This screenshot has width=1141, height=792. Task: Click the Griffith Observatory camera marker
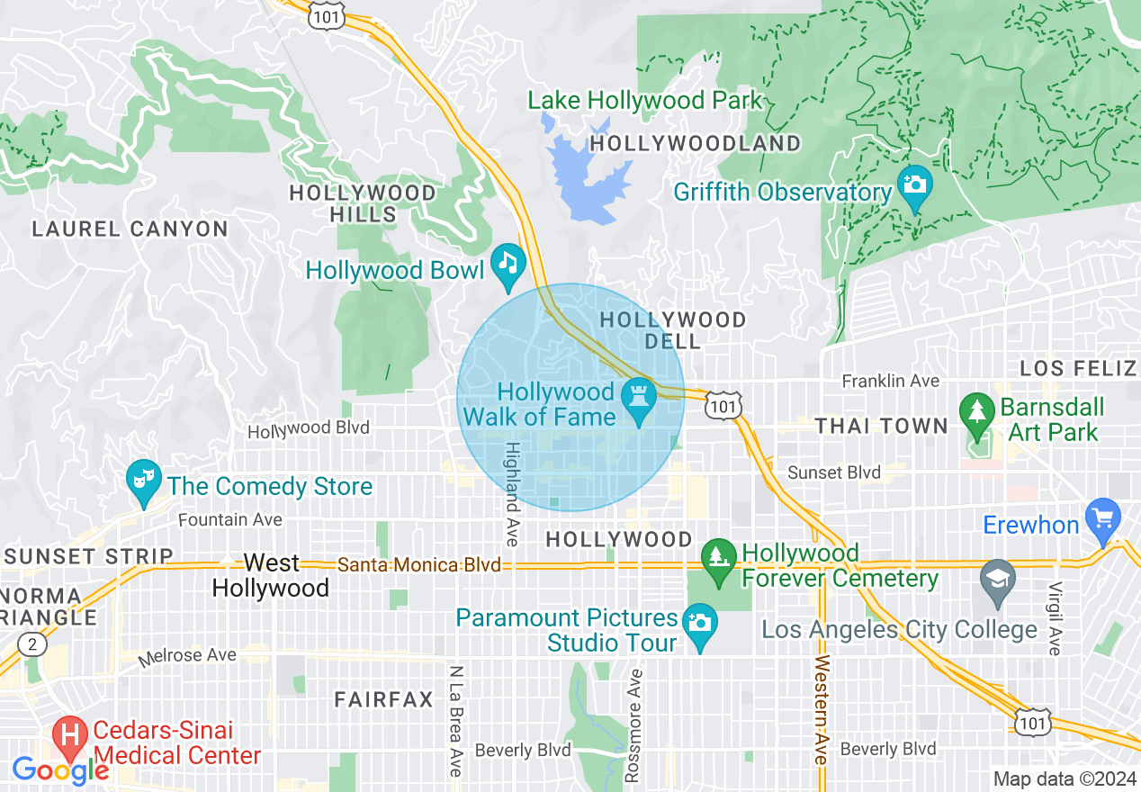[915, 185]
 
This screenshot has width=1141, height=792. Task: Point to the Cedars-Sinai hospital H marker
[69, 735]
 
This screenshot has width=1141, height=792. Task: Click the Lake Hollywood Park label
[645, 100]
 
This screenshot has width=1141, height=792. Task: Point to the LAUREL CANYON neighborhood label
[130, 229]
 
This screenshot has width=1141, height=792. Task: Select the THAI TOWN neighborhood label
[881, 426]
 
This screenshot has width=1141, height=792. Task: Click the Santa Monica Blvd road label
[418, 565]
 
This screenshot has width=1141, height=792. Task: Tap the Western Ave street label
[822, 711]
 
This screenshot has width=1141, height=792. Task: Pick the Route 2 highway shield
[31, 643]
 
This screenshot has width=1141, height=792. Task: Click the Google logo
[59, 770]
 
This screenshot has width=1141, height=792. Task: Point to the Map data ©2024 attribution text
[1064, 778]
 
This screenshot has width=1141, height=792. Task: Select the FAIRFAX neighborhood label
[384, 699]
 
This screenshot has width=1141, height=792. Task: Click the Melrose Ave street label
[187, 656]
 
